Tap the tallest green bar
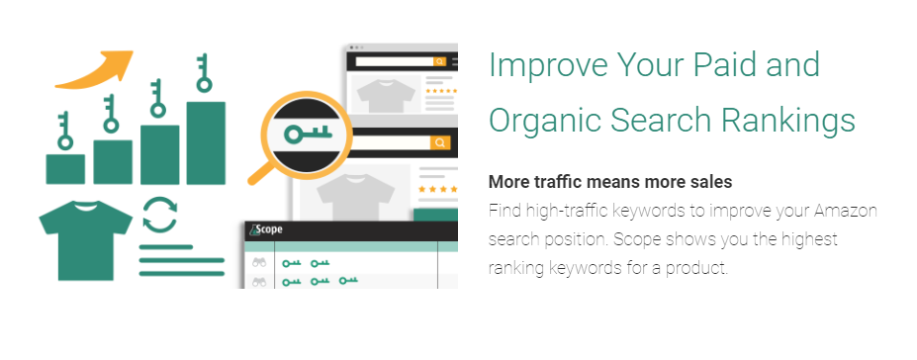coord(206,142)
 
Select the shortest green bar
coord(65,168)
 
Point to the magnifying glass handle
coord(260,172)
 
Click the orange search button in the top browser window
coord(439,61)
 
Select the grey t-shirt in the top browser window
coord(382,95)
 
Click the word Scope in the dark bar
coord(268,229)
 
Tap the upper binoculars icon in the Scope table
coord(259,263)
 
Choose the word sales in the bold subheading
coord(711,183)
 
